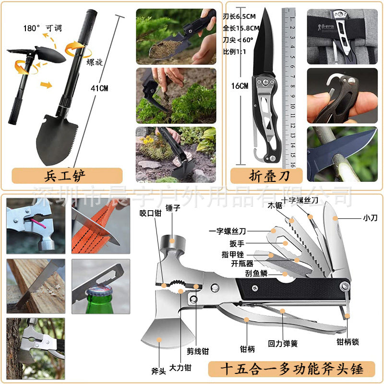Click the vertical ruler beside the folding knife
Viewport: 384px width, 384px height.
click(x=288, y=86)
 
